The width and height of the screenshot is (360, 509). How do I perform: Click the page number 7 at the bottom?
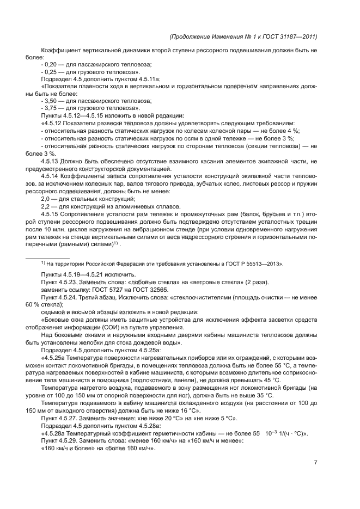tap(316, 463)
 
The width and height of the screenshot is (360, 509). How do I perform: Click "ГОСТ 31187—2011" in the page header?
tap(290, 36)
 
